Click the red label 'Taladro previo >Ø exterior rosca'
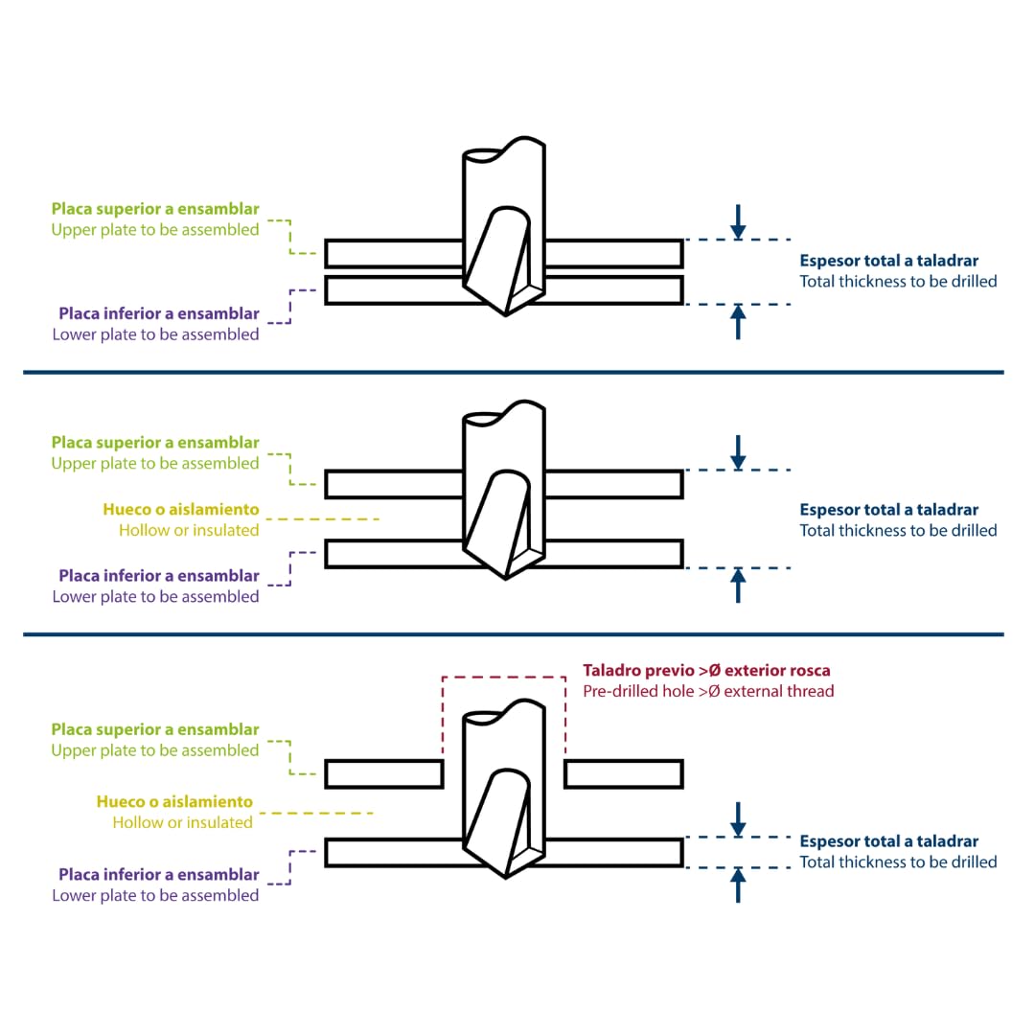point(706,670)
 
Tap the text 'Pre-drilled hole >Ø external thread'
point(708,691)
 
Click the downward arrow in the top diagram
point(738,221)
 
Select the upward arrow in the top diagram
point(738,322)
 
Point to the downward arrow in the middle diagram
point(738,452)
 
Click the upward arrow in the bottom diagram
point(738,885)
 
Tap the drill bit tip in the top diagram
point(506,315)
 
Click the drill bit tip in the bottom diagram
point(506,877)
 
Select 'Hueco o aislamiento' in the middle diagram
point(181,510)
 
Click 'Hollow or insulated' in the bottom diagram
point(183,822)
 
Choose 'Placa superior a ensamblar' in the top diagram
point(155,209)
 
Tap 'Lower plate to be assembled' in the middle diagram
point(156,597)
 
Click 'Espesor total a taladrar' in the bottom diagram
point(889,841)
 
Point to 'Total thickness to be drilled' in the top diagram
point(898,281)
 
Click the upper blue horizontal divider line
point(514,372)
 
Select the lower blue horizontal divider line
point(514,634)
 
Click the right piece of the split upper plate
point(624,773)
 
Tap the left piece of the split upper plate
point(384,773)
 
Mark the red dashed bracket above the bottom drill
point(504,678)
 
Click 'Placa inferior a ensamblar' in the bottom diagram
point(158,875)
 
